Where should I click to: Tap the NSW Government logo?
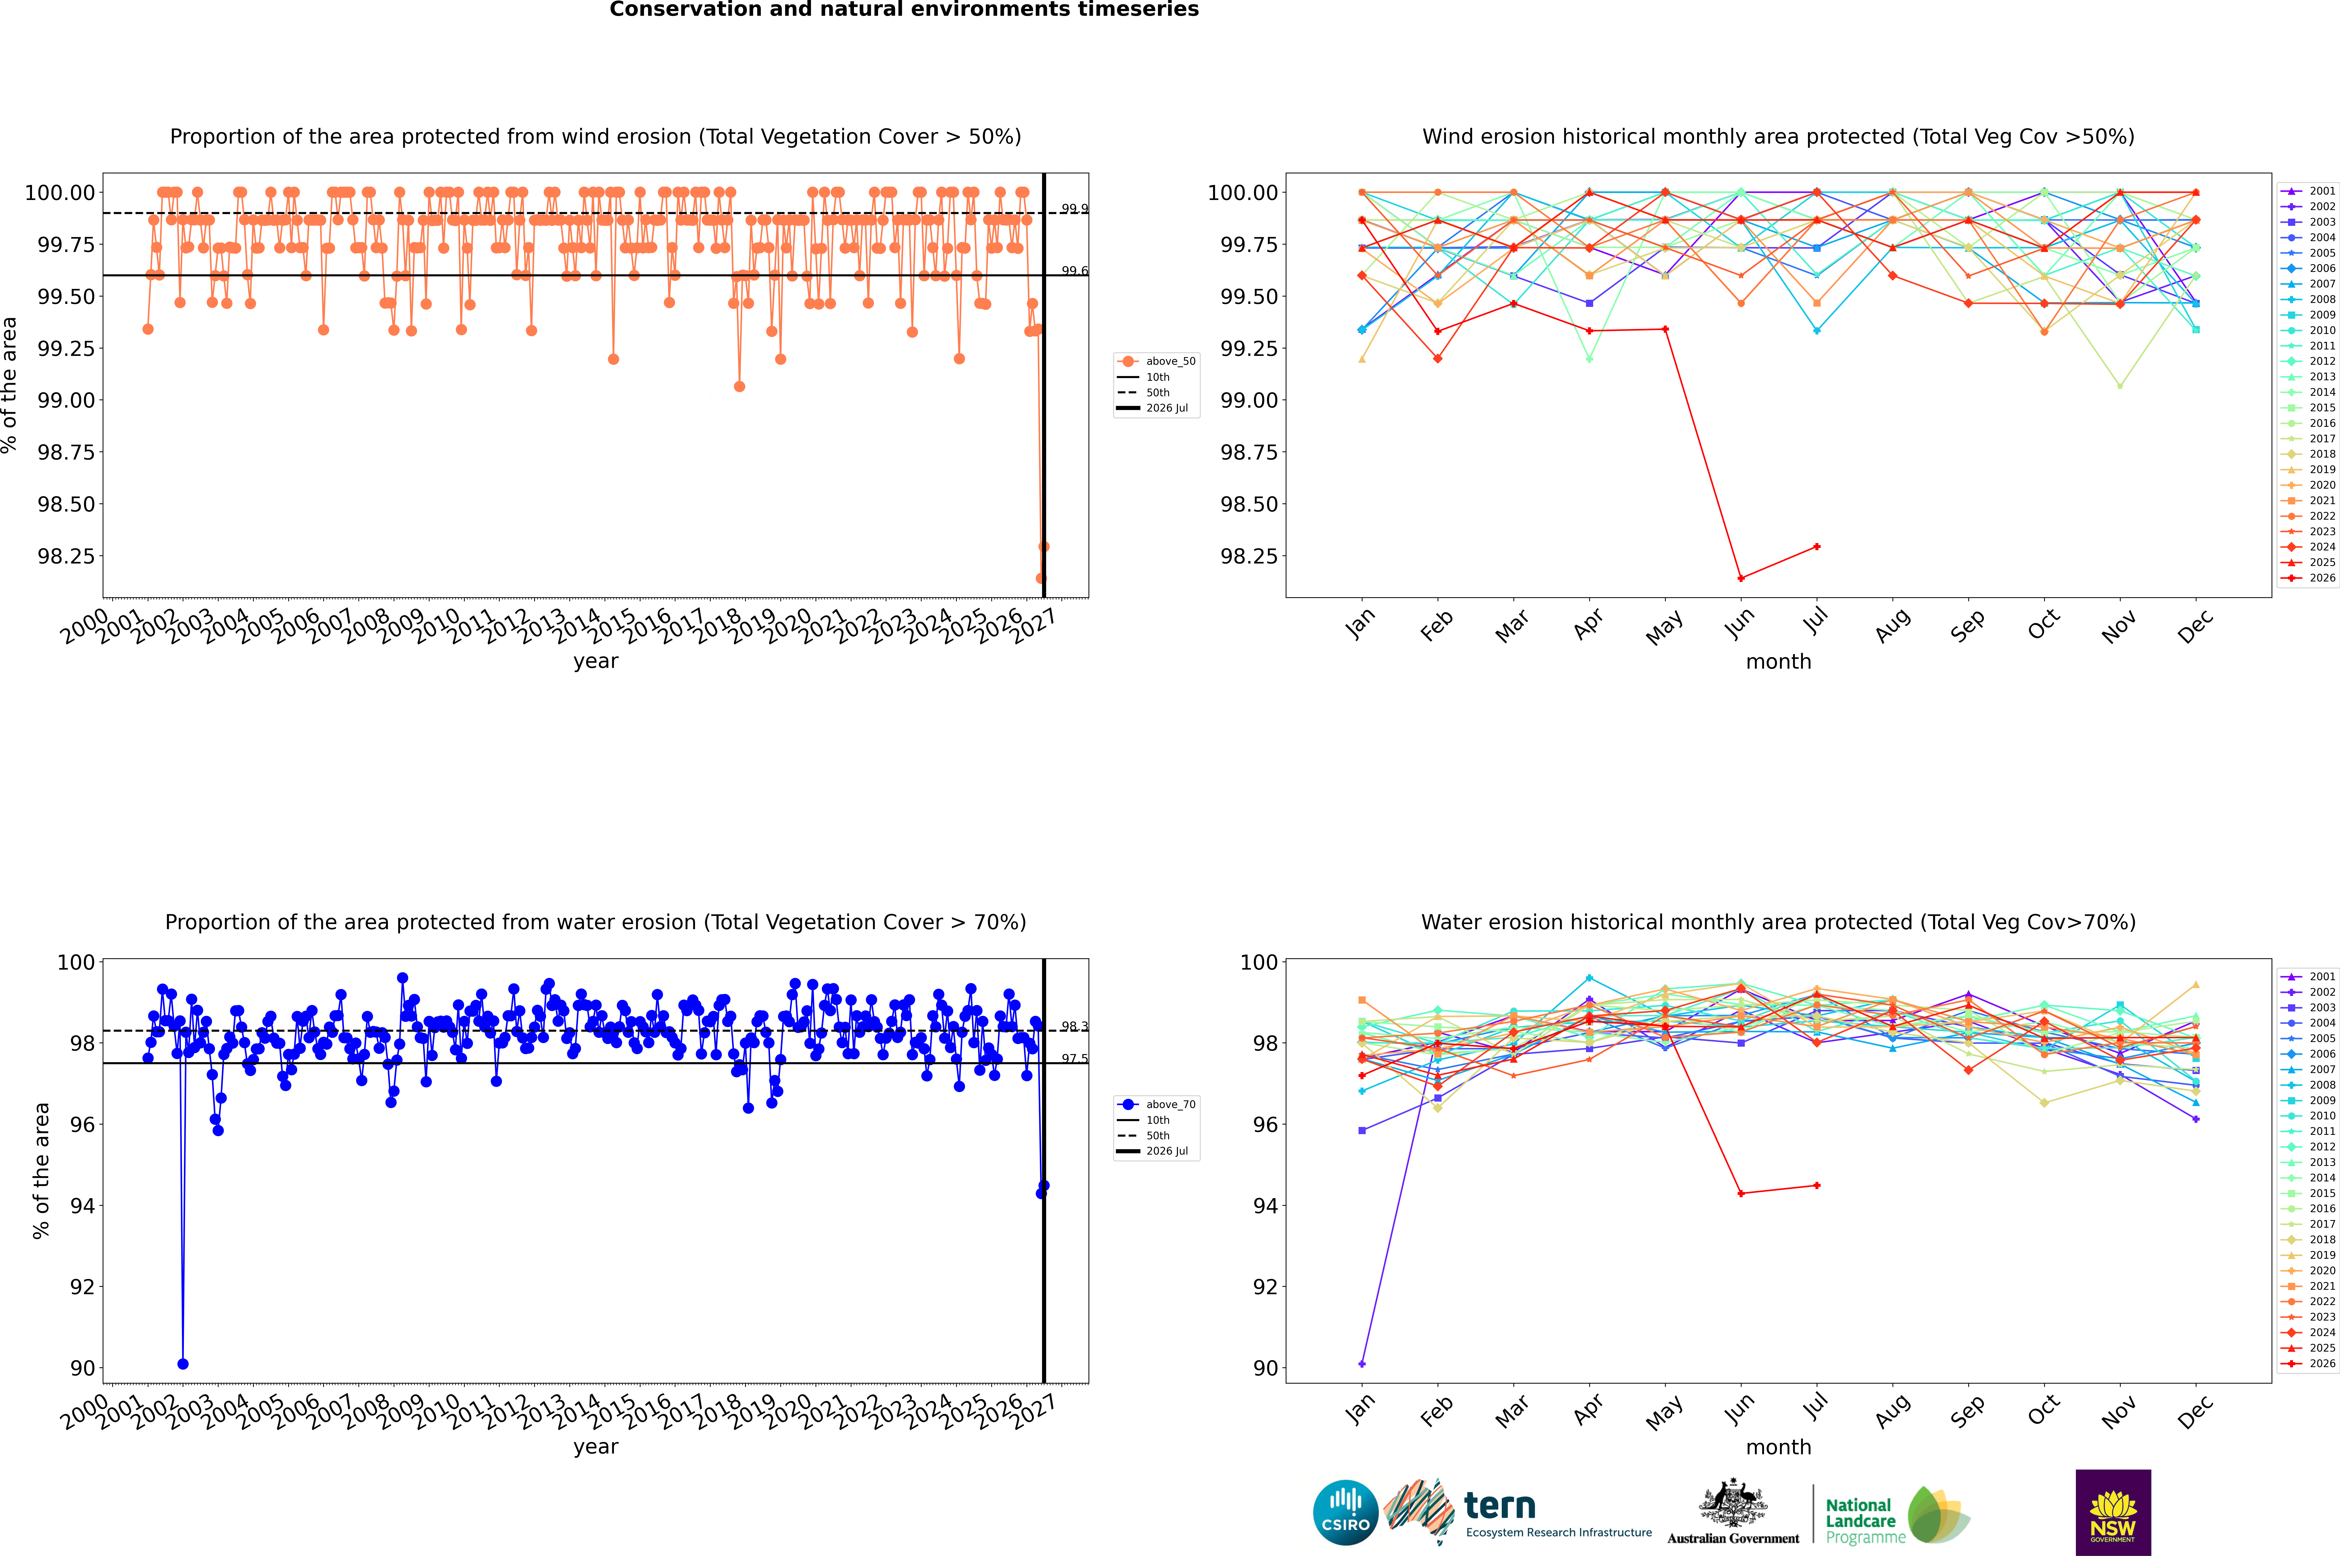(2113, 1512)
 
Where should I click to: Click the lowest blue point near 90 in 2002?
(182, 1363)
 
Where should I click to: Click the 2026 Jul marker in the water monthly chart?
(1816, 1185)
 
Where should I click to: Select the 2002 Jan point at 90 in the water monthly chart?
(1362, 1363)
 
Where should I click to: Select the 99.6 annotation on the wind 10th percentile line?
(1074, 271)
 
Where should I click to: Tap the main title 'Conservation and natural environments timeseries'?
(904, 10)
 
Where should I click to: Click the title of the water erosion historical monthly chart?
(1778, 922)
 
